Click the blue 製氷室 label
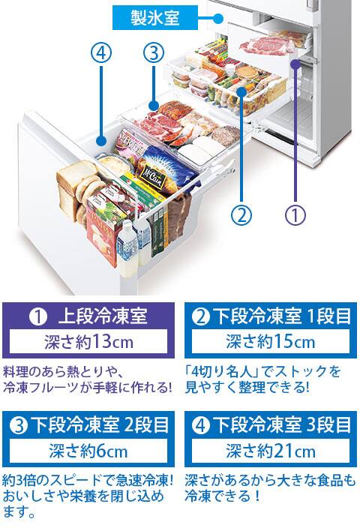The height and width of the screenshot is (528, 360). click(x=155, y=18)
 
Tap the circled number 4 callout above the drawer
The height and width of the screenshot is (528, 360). click(x=101, y=53)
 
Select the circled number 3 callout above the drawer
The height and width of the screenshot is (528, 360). click(x=154, y=53)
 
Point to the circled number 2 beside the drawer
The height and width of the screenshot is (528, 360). click(x=241, y=214)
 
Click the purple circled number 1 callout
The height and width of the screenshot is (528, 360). click(x=295, y=214)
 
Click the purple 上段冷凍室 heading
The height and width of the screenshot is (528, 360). click(x=88, y=316)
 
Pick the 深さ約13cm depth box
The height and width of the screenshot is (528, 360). click(x=88, y=342)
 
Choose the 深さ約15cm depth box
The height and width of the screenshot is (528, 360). click(x=271, y=342)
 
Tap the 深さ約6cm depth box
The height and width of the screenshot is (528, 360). click(x=88, y=451)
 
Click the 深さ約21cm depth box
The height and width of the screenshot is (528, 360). click(x=271, y=451)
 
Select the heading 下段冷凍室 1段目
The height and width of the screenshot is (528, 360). click(x=271, y=316)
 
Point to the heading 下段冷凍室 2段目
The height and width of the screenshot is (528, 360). click(x=89, y=425)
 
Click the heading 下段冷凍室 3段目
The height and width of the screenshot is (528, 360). click(x=271, y=425)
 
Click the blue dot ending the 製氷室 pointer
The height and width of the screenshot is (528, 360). click(x=218, y=18)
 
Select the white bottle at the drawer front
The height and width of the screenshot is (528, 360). click(x=127, y=249)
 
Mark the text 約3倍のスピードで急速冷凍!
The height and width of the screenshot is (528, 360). click(x=88, y=480)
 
